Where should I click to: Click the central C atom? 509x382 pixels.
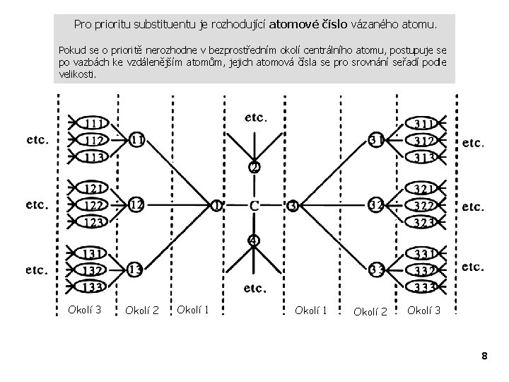pos(255,206)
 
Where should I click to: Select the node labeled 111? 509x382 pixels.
pos(93,124)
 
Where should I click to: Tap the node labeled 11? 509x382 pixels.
pos(137,140)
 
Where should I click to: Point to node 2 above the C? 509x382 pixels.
pos(254,168)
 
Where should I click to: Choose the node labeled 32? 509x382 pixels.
pos(377,205)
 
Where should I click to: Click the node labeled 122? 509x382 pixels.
pos(93,205)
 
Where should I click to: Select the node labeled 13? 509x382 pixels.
pos(136,270)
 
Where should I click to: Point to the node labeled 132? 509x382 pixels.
pos(93,270)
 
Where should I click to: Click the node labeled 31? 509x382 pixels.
pos(377,140)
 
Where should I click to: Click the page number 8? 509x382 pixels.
pos(484,356)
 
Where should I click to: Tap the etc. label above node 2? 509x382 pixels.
pos(255,117)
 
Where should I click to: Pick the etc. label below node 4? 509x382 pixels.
pos(255,288)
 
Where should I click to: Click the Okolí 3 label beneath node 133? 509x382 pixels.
pos(84,308)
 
